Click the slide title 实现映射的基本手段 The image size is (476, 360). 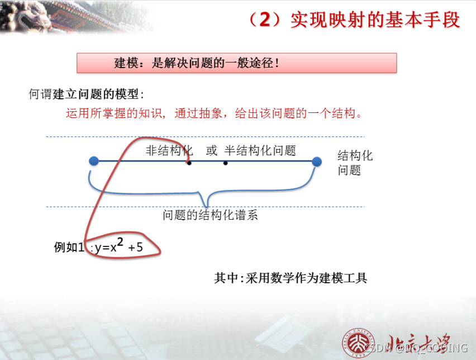click(375, 21)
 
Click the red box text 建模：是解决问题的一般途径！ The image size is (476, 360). click(197, 63)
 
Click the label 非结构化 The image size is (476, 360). click(169, 151)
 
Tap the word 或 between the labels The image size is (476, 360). click(211, 151)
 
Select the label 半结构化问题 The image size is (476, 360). click(260, 151)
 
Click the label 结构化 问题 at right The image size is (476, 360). click(355, 163)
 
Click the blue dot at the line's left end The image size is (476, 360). click(94, 162)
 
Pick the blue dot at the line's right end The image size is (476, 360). click(317, 162)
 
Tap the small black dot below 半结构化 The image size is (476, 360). click(225, 163)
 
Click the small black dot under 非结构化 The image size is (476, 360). click(189, 163)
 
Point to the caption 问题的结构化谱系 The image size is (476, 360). click(210, 215)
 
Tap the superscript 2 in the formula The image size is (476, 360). click(120, 241)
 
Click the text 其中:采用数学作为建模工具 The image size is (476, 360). click(291, 278)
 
